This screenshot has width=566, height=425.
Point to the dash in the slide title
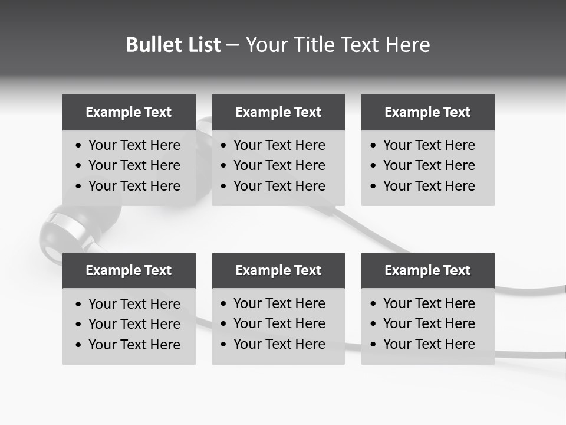(x=233, y=45)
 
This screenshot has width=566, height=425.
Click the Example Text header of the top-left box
(x=129, y=112)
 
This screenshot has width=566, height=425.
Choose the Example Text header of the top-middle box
(x=278, y=112)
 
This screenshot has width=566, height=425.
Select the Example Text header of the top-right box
(x=427, y=112)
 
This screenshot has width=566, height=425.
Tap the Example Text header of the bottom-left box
(x=129, y=270)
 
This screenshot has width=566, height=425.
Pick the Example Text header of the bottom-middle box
(x=278, y=270)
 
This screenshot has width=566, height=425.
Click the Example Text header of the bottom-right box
(x=427, y=270)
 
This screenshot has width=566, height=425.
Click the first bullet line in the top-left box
(x=134, y=145)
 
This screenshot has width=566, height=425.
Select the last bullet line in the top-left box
(x=134, y=186)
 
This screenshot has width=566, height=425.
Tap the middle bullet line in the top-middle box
(x=279, y=165)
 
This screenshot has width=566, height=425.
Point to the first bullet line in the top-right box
(x=429, y=145)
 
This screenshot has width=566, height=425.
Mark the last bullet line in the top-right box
(x=429, y=186)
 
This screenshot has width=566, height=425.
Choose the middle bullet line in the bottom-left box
(x=134, y=324)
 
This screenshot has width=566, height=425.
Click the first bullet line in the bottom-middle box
(x=279, y=303)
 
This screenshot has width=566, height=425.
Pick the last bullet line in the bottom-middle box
(x=279, y=344)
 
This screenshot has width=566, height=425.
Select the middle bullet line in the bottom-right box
(x=429, y=323)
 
